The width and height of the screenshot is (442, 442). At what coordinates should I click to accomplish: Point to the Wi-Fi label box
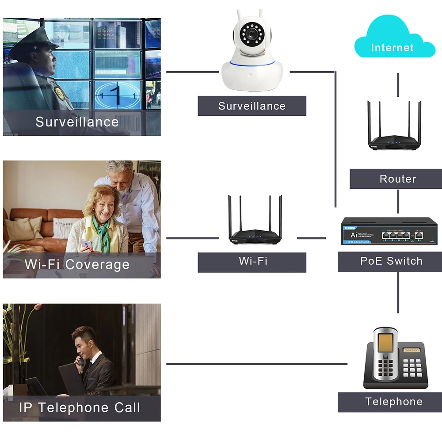click(x=252, y=261)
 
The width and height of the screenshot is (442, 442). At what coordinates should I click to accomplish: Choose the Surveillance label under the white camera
click(x=252, y=106)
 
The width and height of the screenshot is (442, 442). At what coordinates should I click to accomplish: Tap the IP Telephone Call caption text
click(x=80, y=408)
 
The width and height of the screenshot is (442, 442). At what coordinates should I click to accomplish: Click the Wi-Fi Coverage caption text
click(x=77, y=264)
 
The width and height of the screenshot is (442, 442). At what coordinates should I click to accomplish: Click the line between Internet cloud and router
click(x=398, y=84)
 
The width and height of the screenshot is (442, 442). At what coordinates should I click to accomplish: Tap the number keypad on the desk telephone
click(x=412, y=367)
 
